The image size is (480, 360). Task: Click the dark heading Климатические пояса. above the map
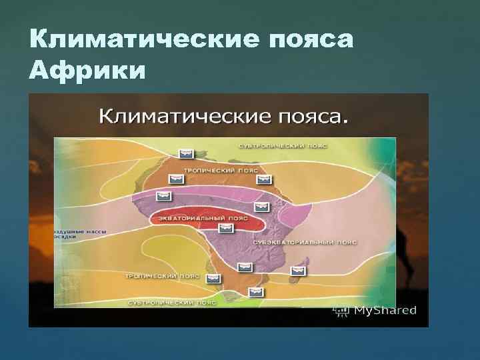224,117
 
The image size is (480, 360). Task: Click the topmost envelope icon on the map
187,154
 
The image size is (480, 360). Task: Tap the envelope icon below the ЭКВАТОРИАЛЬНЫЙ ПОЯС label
227,229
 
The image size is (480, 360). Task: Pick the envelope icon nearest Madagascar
295,271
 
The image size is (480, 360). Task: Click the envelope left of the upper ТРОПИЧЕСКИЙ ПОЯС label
176,179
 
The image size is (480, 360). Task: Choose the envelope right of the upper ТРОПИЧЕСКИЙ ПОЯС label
265,179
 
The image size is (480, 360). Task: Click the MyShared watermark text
385,310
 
